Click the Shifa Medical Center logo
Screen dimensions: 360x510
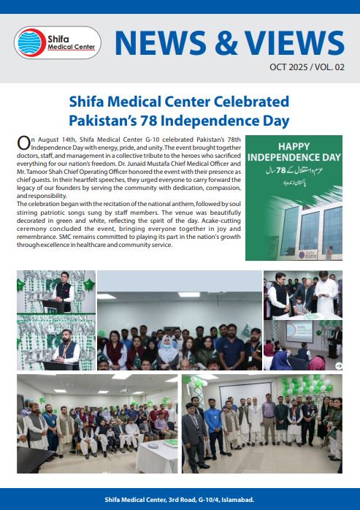pos(58,42)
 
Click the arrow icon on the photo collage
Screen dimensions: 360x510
pos(338,365)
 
